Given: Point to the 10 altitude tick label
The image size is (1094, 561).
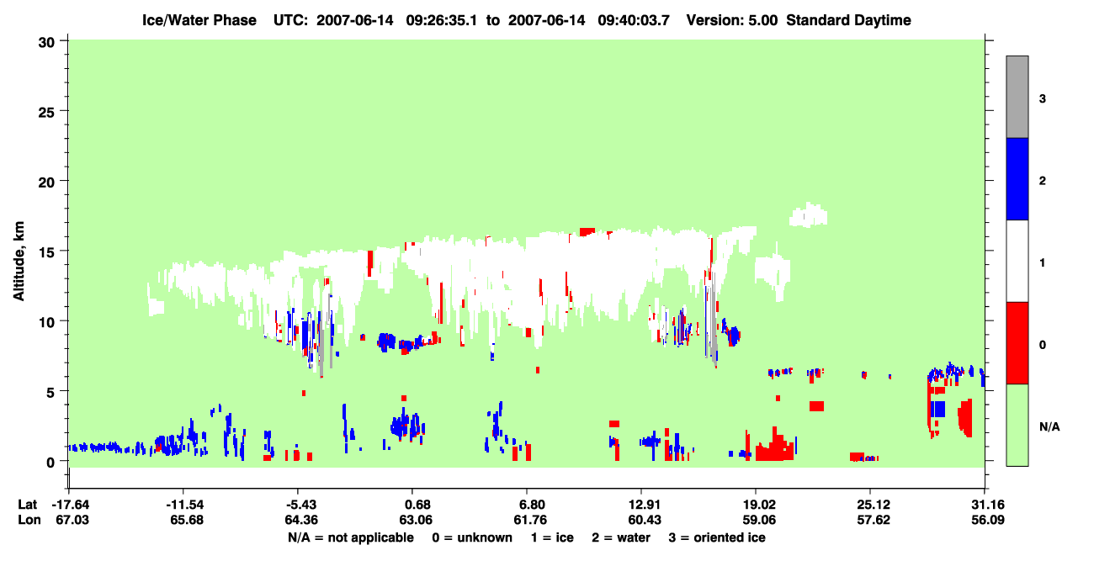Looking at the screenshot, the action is pos(46,323).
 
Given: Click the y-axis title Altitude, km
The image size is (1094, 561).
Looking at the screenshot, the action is pos(19,262).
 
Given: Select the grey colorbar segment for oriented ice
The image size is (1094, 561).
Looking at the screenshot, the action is pos(1017,97).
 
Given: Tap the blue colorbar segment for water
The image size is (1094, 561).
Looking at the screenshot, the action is pos(1017,178).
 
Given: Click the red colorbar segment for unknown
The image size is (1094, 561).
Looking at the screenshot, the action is pos(1017,343).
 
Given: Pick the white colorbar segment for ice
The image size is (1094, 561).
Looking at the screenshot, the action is pos(1017,262).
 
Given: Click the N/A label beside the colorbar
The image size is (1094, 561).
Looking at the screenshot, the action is pos(1049,427).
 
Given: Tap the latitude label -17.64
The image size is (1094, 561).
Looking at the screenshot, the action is pos(71,505).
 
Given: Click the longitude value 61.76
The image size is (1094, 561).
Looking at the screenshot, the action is pos(530,520).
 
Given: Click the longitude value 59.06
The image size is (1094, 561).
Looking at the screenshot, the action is pos(759,520).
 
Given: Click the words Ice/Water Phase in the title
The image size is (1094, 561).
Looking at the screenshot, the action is pos(199,20).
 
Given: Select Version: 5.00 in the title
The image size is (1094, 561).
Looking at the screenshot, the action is pos(731,20).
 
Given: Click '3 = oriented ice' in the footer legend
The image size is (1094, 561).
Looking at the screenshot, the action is pos(717,537).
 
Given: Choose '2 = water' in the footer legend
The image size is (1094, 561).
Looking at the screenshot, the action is pos(621,537).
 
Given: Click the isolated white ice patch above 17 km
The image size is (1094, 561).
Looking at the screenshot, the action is pos(808,214).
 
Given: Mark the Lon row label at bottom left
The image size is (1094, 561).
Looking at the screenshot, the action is pos(29,520).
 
